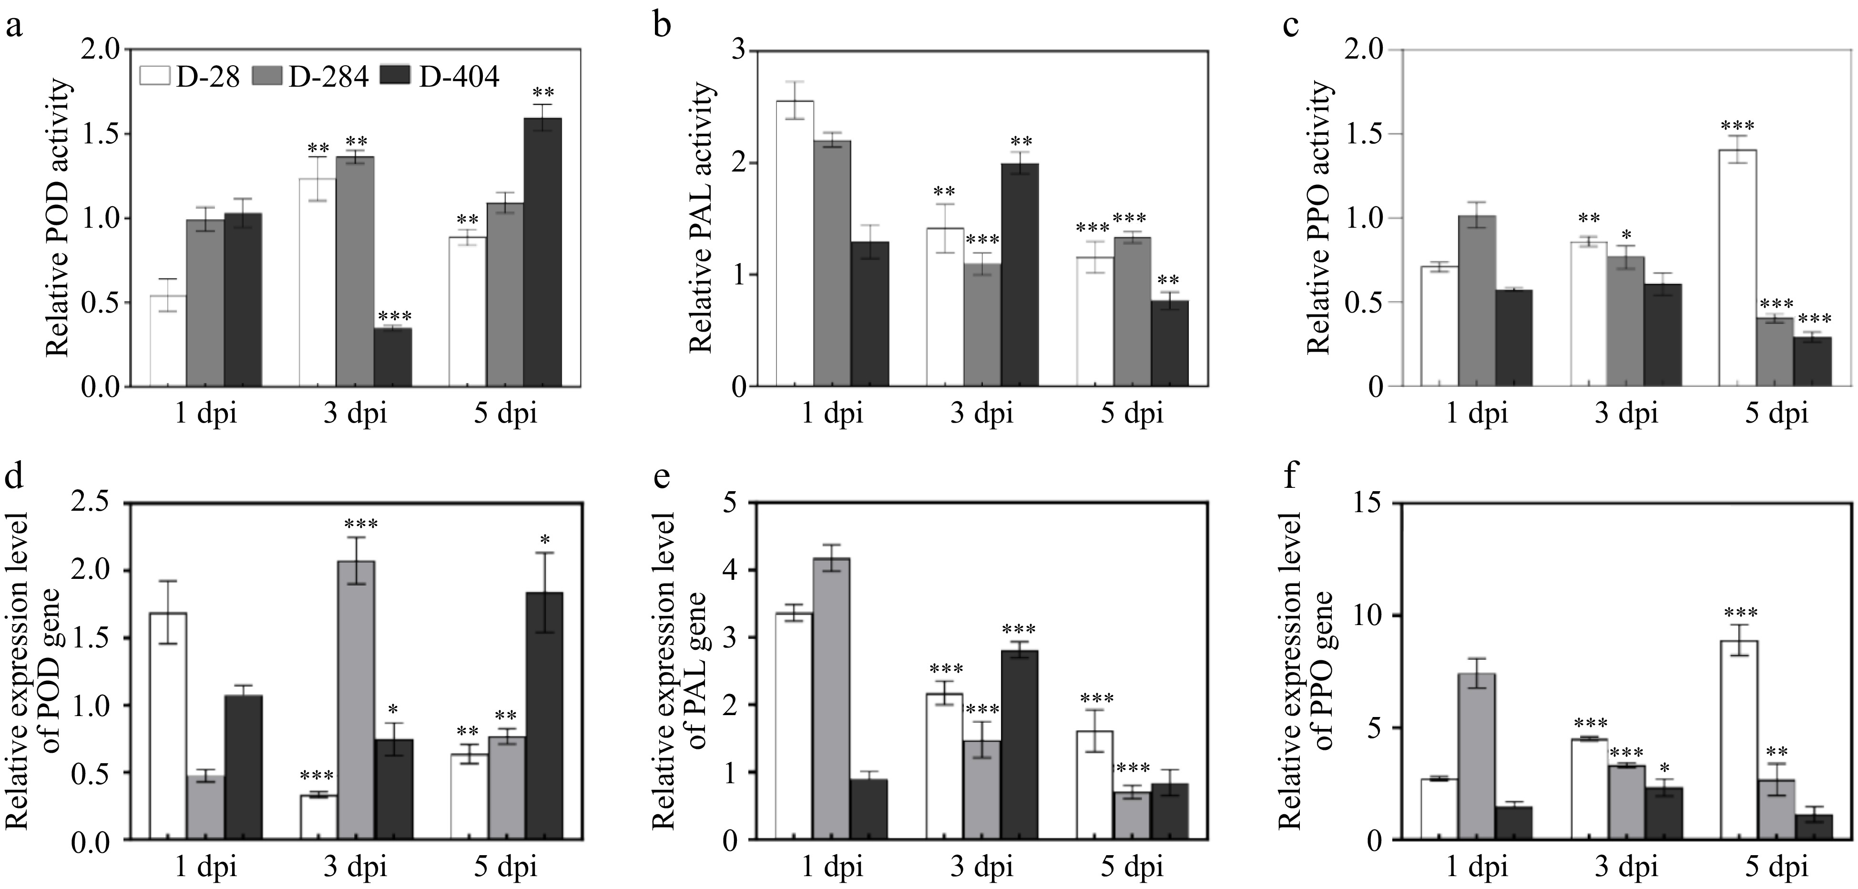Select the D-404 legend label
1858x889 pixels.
coord(459,76)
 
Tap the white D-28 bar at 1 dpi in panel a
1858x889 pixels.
coord(168,341)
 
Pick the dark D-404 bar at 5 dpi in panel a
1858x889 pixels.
coord(542,253)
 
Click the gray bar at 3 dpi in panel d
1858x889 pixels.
coord(357,699)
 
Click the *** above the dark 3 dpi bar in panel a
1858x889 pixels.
coord(394,316)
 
